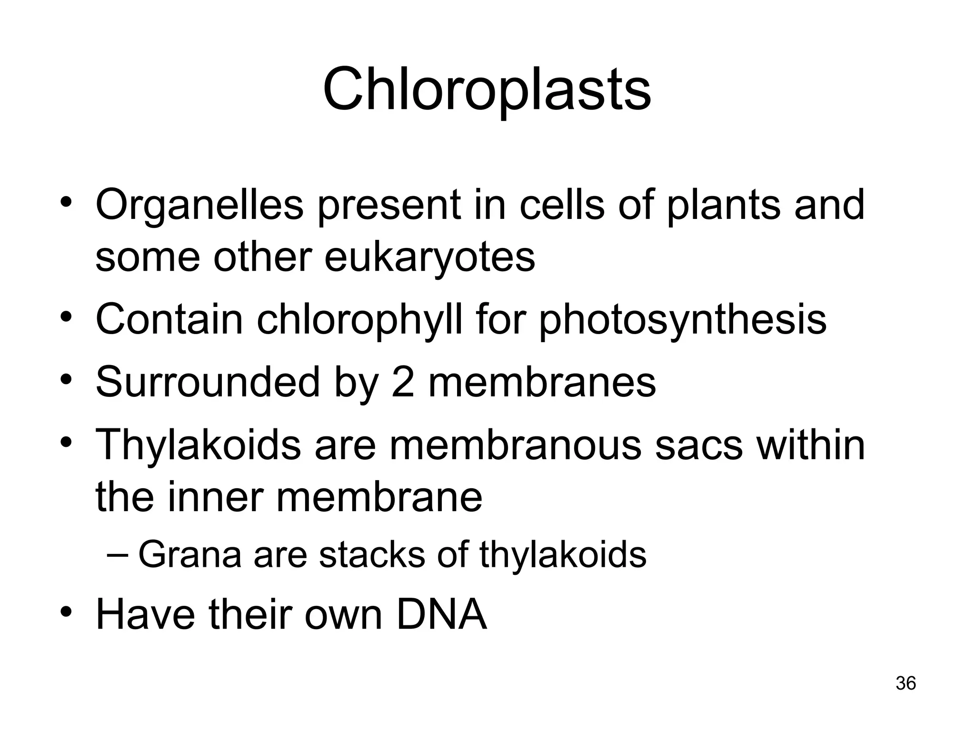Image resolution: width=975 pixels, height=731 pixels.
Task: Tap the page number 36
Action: (905, 683)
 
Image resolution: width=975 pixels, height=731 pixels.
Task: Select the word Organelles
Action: (199, 206)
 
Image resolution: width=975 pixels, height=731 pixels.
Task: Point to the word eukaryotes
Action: (429, 258)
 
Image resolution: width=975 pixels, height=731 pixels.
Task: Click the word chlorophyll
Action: (359, 320)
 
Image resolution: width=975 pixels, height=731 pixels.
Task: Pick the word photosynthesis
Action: (682, 320)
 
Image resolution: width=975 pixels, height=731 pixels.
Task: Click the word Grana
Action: (189, 554)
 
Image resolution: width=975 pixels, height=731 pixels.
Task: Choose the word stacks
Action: (372, 554)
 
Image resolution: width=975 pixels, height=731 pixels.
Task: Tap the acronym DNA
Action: (441, 615)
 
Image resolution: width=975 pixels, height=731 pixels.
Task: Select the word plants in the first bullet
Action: (723, 206)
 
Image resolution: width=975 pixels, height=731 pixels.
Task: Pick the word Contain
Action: (169, 320)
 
